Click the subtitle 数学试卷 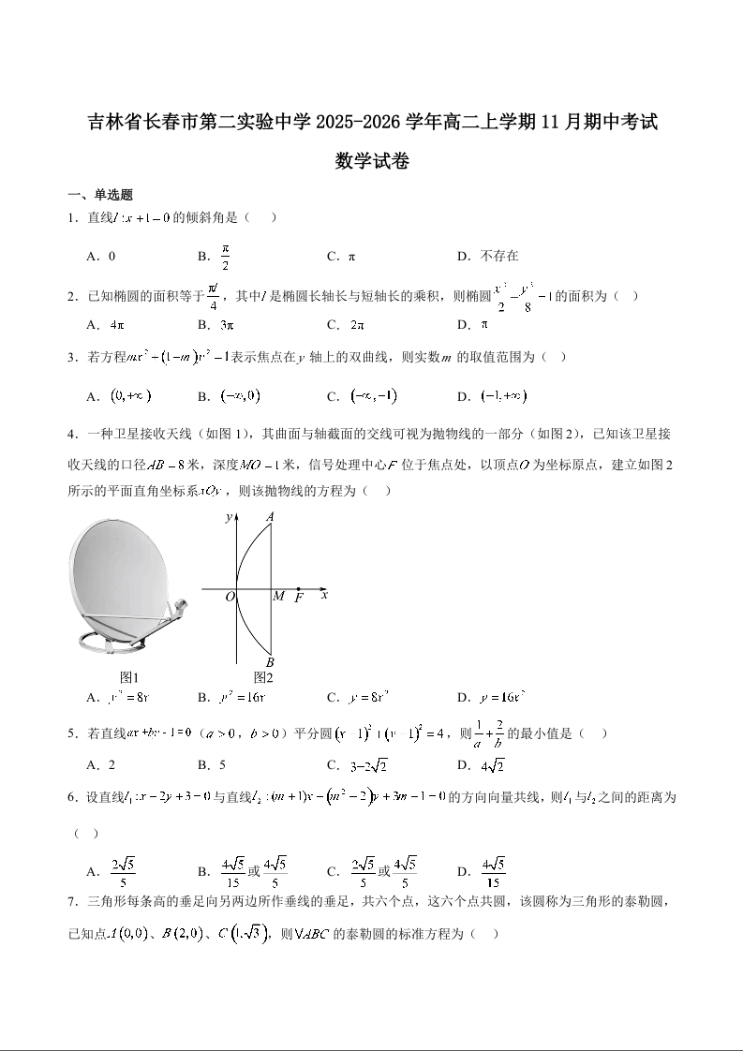[x=371, y=161]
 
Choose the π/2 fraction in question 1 [x=225, y=256]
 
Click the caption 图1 [x=129, y=677]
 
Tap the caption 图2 [x=262, y=677]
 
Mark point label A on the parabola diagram [x=270, y=516]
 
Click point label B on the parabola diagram [x=270, y=662]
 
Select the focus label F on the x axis [x=299, y=597]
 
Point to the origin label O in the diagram [x=229, y=597]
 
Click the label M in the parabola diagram [x=277, y=597]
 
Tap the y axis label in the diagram [x=228, y=517]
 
